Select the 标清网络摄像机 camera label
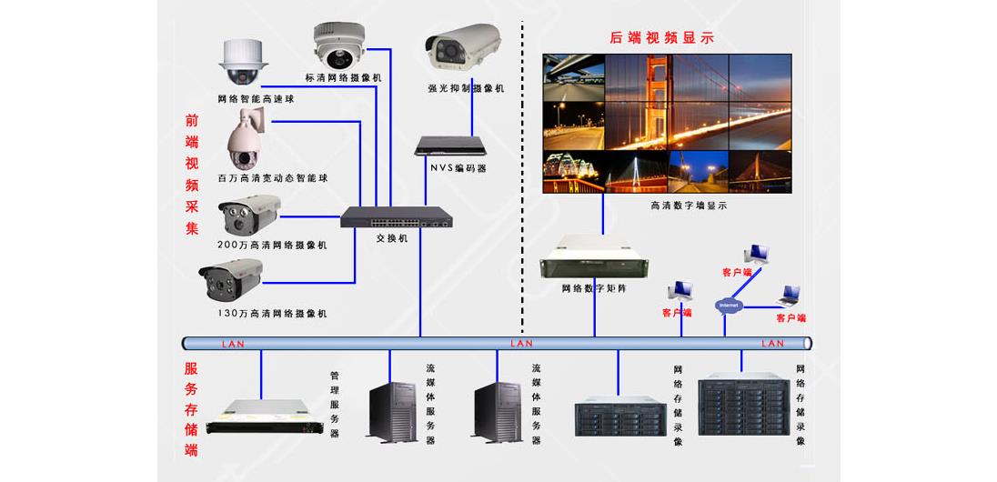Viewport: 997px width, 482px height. coord(344,78)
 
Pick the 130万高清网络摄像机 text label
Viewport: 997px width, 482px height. coord(272,313)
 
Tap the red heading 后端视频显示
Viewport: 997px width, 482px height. coord(661,37)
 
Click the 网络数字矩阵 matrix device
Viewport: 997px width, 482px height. coord(595,257)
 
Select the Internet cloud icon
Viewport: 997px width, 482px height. coord(729,305)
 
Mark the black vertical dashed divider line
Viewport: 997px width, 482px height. coord(523,182)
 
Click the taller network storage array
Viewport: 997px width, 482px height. coord(740,407)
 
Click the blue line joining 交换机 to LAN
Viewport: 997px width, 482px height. coord(420,282)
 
